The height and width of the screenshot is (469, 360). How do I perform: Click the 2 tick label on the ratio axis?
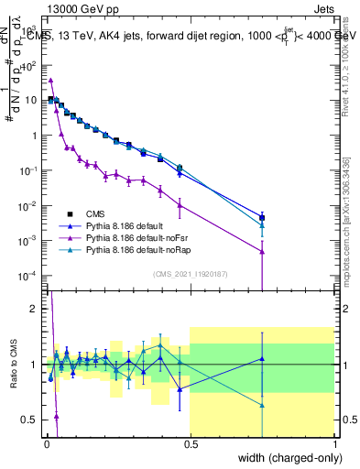pyautogui.click(x=34, y=309)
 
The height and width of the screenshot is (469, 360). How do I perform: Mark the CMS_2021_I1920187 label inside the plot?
pyautogui.click(x=190, y=273)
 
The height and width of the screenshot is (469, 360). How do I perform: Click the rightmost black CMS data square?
pyautogui.click(x=262, y=217)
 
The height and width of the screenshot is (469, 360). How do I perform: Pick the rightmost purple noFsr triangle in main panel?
pyautogui.click(x=262, y=251)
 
